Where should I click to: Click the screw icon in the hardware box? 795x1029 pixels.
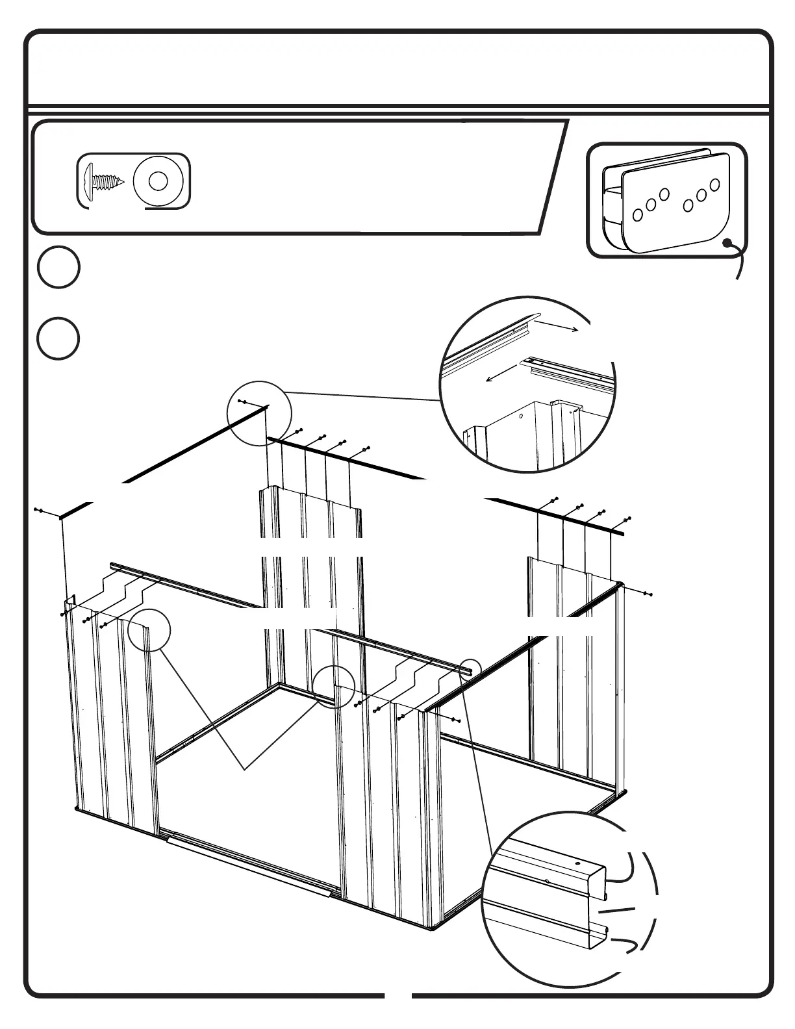(x=103, y=181)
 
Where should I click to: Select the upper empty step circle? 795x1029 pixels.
(x=58, y=267)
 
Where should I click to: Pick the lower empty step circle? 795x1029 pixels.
(x=58, y=339)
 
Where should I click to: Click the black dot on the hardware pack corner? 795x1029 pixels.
(x=729, y=244)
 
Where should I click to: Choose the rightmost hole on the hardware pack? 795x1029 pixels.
(x=714, y=185)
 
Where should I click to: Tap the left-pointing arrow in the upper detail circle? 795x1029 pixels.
(x=503, y=374)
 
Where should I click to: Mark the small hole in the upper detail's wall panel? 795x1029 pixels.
(x=521, y=414)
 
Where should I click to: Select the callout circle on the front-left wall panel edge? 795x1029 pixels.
(x=149, y=630)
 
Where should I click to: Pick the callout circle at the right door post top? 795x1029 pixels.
(x=333, y=687)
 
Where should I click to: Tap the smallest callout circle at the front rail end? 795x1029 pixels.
(x=470, y=668)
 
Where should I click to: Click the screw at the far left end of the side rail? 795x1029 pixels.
(x=40, y=511)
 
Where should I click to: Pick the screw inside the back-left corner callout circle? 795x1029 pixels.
(x=242, y=402)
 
